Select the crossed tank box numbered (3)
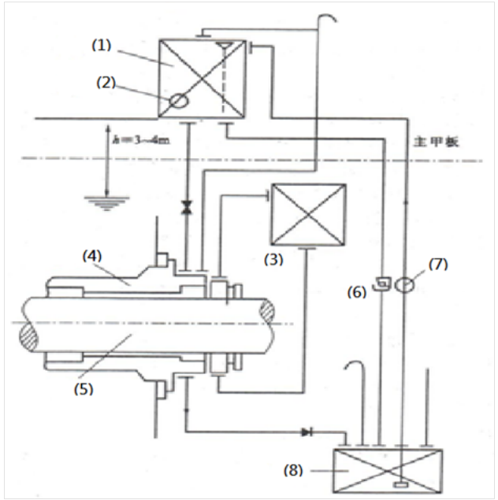point(308,214)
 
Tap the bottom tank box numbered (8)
point(388,470)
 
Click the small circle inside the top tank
point(179,102)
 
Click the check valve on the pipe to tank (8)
point(306,431)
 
